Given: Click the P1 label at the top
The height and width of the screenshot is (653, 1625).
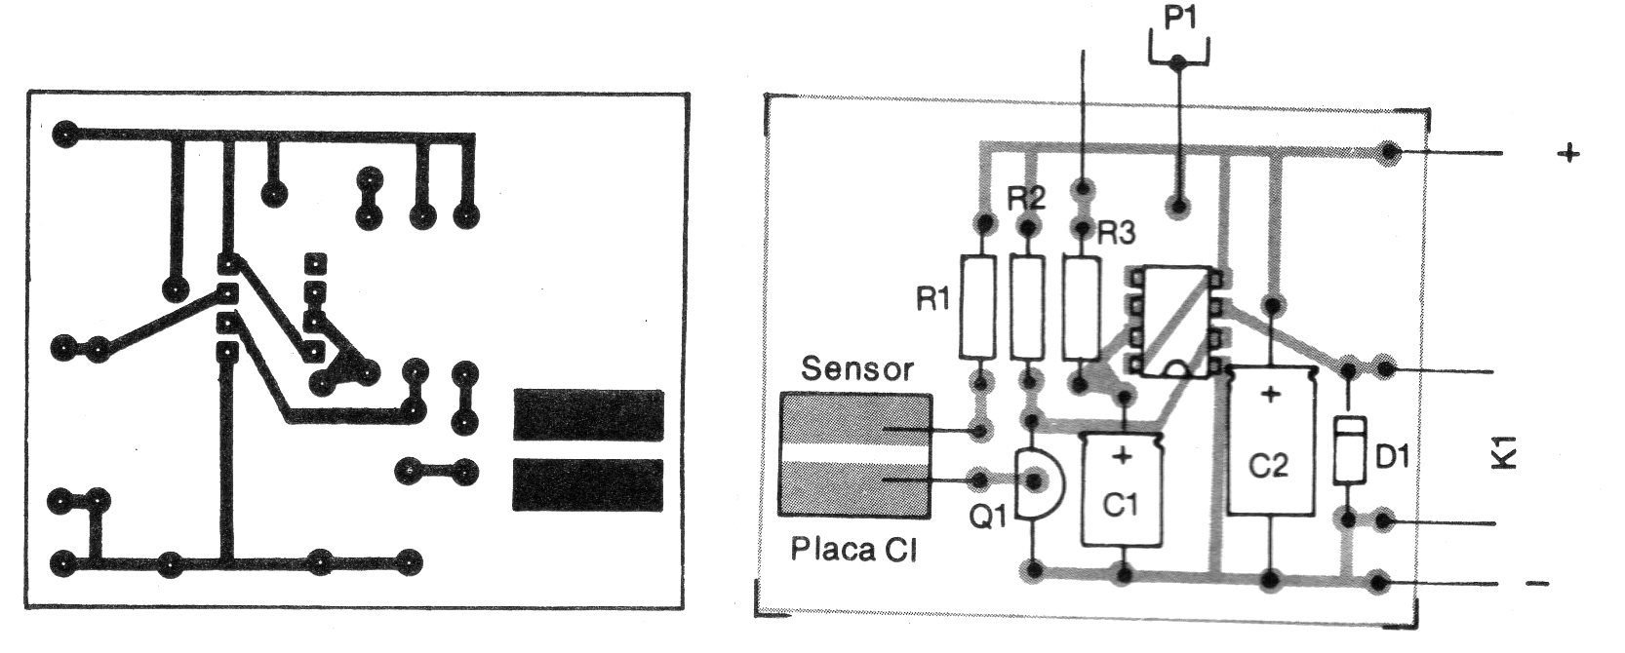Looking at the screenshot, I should pos(1178,20).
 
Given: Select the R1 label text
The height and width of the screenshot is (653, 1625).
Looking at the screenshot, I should pos(933,299).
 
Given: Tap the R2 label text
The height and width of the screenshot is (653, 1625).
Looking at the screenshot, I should pos(1025,199).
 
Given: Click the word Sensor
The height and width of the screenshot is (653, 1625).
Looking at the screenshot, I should pos(856,369).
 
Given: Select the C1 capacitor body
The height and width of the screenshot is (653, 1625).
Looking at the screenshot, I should pos(1122,492).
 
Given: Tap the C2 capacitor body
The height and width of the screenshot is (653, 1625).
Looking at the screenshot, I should pos(1269,443).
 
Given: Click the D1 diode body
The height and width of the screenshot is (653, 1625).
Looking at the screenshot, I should pos(1349,450).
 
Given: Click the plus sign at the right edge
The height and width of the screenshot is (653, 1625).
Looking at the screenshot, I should pos(1568,153).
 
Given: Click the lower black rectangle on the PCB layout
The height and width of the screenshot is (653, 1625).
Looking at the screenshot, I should pos(587,484).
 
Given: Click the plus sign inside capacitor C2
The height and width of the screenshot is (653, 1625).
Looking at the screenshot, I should pos(1269,395).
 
